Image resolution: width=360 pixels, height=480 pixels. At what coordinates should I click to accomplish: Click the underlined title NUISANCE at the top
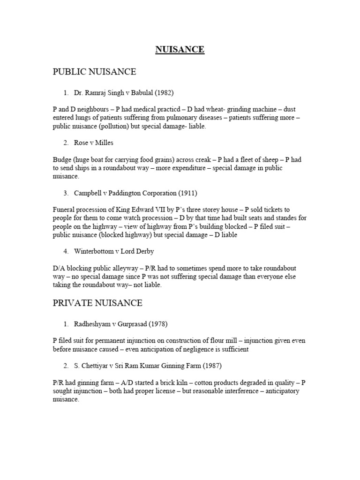click(x=180, y=50)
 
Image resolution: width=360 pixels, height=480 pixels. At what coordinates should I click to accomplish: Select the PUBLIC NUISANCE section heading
click(x=94, y=72)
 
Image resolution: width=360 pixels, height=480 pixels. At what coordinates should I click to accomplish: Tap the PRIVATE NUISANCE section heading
click(x=97, y=303)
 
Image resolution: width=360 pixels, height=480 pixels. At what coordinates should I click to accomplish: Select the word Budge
click(x=62, y=160)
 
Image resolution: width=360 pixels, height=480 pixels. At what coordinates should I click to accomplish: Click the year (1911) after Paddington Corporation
click(x=187, y=193)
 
